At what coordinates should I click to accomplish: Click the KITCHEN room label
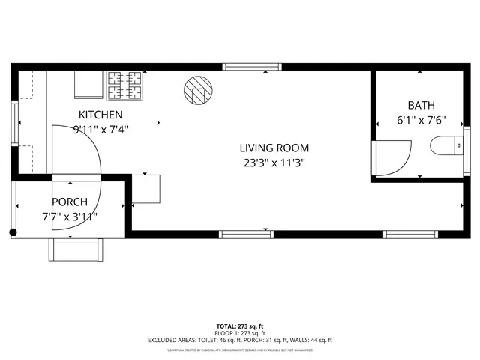click(100, 115)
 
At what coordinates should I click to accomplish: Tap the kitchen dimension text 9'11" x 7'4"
click(100, 129)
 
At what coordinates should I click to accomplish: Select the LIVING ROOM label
click(274, 148)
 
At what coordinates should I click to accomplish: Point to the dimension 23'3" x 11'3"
click(274, 163)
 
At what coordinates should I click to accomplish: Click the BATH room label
click(421, 106)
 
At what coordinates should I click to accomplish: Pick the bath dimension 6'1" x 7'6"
click(421, 120)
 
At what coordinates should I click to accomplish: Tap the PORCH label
click(70, 202)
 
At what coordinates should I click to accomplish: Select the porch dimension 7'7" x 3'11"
click(70, 217)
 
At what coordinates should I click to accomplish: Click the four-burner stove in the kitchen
click(125, 85)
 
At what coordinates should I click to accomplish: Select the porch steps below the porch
click(75, 249)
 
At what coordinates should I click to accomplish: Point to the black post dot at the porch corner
click(13, 233)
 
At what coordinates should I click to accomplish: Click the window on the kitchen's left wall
click(13, 123)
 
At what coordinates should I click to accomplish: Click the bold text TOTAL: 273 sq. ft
click(240, 326)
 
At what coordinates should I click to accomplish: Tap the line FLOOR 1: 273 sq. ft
click(240, 333)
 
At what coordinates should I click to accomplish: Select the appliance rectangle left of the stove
click(88, 85)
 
